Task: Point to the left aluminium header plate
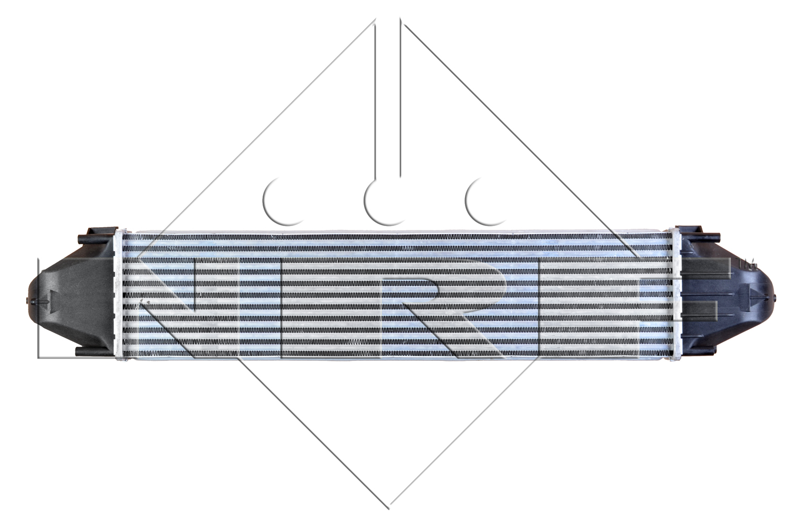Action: tap(119, 295)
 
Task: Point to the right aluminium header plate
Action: tap(677, 295)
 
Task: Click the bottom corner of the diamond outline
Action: tap(390, 508)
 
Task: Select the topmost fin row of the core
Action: tap(397, 237)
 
